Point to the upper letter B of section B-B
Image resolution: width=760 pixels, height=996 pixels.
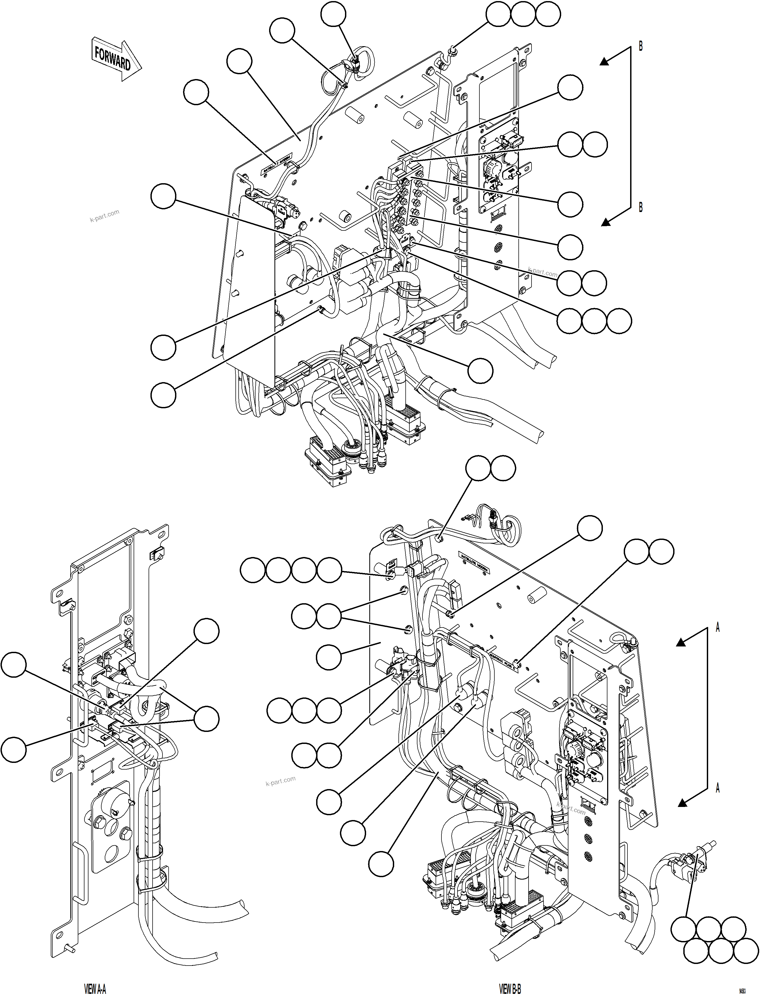[641, 46]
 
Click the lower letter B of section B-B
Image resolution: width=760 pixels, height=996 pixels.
[641, 207]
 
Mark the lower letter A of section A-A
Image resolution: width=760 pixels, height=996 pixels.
[718, 789]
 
